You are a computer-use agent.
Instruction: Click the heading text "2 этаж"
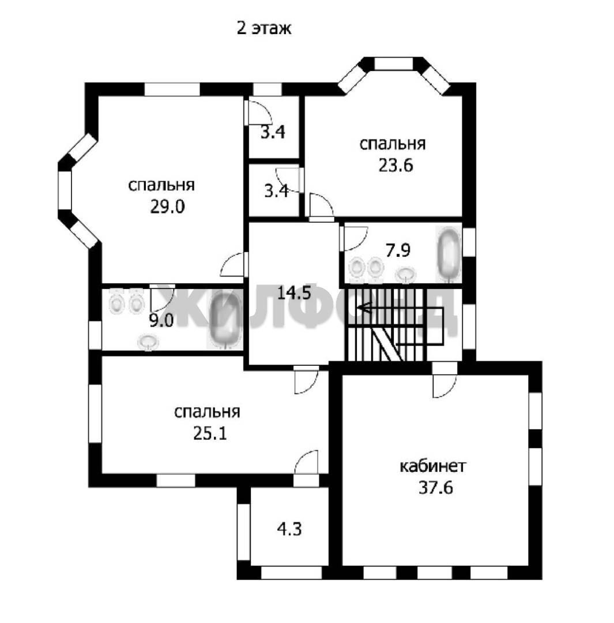click(x=263, y=29)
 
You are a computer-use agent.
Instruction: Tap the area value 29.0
click(x=167, y=207)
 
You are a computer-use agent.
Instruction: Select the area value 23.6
click(x=395, y=165)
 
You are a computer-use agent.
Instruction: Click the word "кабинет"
click(x=432, y=466)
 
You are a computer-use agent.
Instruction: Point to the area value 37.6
click(x=436, y=487)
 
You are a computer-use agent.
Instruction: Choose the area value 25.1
click(x=210, y=433)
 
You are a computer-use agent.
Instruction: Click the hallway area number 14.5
click(x=293, y=293)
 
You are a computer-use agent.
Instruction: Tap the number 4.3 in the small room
click(x=289, y=529)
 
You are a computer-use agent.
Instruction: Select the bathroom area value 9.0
click(x=161, y=321)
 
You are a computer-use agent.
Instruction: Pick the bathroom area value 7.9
click(x=398, y=250)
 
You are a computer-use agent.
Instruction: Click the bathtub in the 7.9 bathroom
click(x=449, y=254)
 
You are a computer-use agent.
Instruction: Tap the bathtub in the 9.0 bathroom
click(x=225, y=321)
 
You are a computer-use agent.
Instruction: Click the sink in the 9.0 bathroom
click(x=148, y=342)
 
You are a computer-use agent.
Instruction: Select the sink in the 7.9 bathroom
click(x=405, y=274)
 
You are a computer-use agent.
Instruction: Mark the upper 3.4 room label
click(x=273, y=132)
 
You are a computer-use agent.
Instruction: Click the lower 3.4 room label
click(x=276, y=192)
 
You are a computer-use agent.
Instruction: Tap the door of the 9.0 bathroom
click(x=163, y=298)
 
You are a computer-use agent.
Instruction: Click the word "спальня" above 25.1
click(x=208, y=412)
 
